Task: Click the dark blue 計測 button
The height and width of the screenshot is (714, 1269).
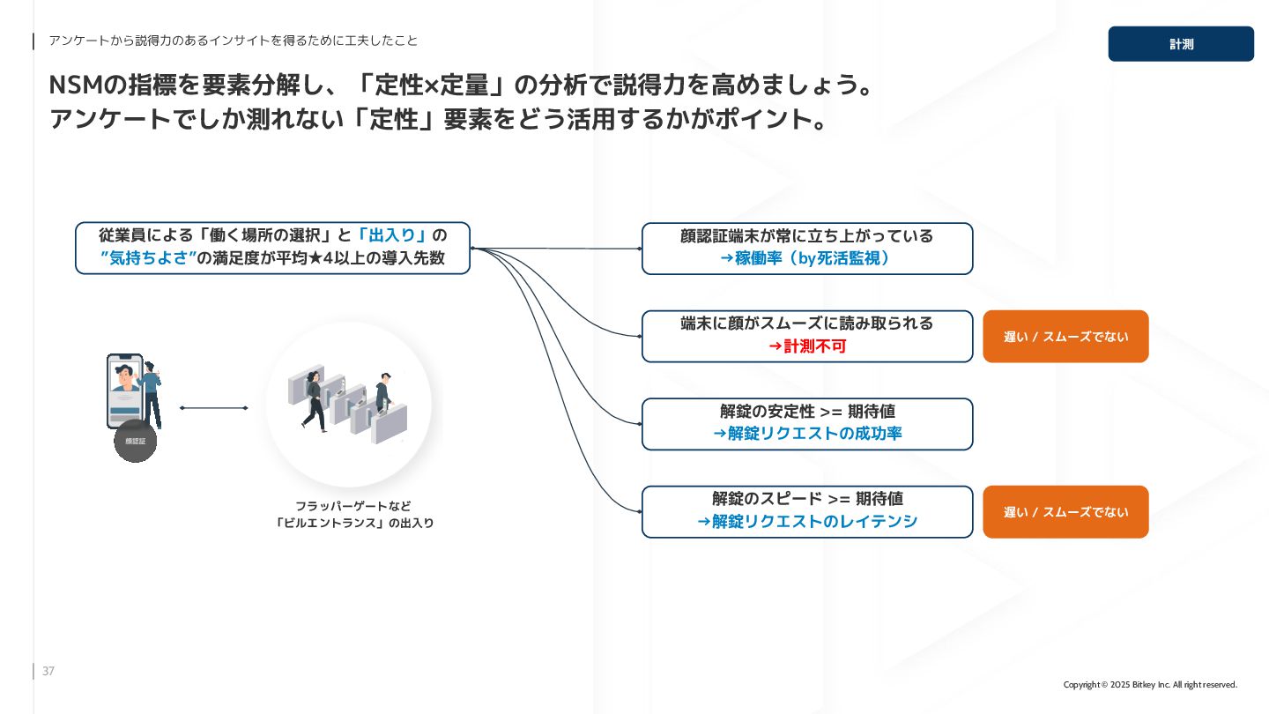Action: [x=1180, y=44]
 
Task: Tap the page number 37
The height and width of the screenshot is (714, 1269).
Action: [x=48, y=672]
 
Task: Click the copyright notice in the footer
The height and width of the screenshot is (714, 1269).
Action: [x=1150, y=685]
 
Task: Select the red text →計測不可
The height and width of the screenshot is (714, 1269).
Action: [x=807, y=346]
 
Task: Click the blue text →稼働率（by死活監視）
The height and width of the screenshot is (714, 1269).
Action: [x=807, y=258]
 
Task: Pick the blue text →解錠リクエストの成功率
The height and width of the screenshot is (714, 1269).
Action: [x=807, y=434]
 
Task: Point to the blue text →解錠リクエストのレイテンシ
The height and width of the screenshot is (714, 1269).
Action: [x=807, y=522]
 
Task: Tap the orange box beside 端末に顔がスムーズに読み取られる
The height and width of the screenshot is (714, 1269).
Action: [x=1065, y=337]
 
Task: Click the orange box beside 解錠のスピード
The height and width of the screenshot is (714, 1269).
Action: [x=1065, y=512]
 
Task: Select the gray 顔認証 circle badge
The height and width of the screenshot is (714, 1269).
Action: [x=135, y=441]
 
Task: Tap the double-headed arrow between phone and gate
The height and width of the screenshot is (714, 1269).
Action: [x=214, y=408]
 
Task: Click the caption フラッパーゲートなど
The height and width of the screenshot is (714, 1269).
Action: [x=352, y=506]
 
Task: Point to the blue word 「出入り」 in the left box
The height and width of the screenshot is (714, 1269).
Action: [x=392, y=235]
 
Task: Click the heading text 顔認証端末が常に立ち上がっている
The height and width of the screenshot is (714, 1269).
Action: [x=807, y=236]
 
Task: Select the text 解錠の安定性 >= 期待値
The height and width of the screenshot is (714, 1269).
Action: [x=807, y=412]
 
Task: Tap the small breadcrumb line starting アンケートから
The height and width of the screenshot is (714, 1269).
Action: [x=233, y=41]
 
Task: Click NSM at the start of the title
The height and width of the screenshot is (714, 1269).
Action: [x=76, y=86]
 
